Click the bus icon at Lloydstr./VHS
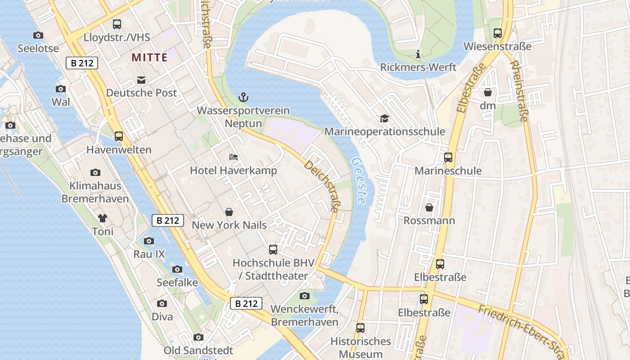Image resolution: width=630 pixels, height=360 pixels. coord(117,24)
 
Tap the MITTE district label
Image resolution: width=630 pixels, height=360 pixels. coord(149,58)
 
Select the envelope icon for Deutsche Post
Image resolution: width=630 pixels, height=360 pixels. coord(141,80)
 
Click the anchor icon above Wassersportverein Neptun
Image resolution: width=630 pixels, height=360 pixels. coord(243,97)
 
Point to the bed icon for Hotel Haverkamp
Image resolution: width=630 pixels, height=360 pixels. coord(233,157)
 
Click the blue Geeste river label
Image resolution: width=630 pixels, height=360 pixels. coord(359,180)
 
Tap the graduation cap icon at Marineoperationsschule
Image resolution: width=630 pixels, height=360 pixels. coord(384,118)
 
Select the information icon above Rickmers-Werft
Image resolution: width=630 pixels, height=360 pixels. coord(418,54)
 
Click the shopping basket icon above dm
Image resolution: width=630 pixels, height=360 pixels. coord(487,93)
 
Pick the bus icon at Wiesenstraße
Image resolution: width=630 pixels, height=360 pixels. coord(497,33)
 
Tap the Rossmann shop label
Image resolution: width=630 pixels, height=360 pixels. coord(429,220)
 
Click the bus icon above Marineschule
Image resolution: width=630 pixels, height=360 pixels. coord(448,157)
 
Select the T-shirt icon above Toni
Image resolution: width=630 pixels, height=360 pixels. coord(102,218)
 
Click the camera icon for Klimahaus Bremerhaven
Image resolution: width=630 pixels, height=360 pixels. coord(95,172)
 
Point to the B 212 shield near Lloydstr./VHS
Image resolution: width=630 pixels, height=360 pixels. coord(82,63)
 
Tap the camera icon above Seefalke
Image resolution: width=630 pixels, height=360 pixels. coord(177,269)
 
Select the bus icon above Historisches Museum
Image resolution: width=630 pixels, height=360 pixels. coord(360,328)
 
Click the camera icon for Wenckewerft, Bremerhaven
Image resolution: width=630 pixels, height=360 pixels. coord(305,296)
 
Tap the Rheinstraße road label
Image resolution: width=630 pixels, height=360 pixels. coord(518,92)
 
